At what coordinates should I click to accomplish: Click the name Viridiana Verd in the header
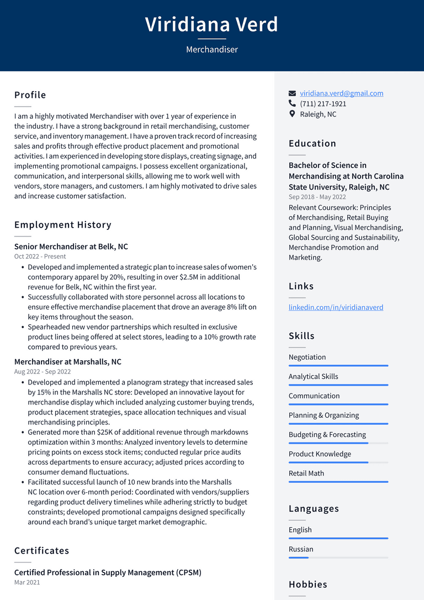tap(211, 24)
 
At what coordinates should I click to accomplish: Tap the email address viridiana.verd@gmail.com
tap(341, 93)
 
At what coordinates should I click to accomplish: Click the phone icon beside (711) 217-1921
tap(293, 104)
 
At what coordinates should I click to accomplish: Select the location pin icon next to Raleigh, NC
tap(293, 114)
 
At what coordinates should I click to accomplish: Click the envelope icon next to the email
tap(293, 93)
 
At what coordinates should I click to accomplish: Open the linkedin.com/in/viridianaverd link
tap(336, 307)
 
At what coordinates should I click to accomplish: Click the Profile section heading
tap(30, 95)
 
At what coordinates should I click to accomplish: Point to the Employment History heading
tap(63, 225)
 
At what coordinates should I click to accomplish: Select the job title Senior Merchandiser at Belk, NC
tap(71, 246)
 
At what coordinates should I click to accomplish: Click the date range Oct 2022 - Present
tap(40, 256)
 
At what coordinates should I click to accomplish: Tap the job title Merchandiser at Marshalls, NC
tap(68, 362)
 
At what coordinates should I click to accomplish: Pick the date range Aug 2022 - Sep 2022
tap(43, 372)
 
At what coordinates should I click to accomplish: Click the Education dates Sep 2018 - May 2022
tap(317, 197)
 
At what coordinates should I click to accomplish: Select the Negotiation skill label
tap(307, 357)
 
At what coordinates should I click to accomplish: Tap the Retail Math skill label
tap(306, 473)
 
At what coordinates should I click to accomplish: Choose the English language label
tap(300, 530)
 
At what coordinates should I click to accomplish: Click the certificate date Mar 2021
tap(27, 582)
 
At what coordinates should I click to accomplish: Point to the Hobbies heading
tap(308, 585)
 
